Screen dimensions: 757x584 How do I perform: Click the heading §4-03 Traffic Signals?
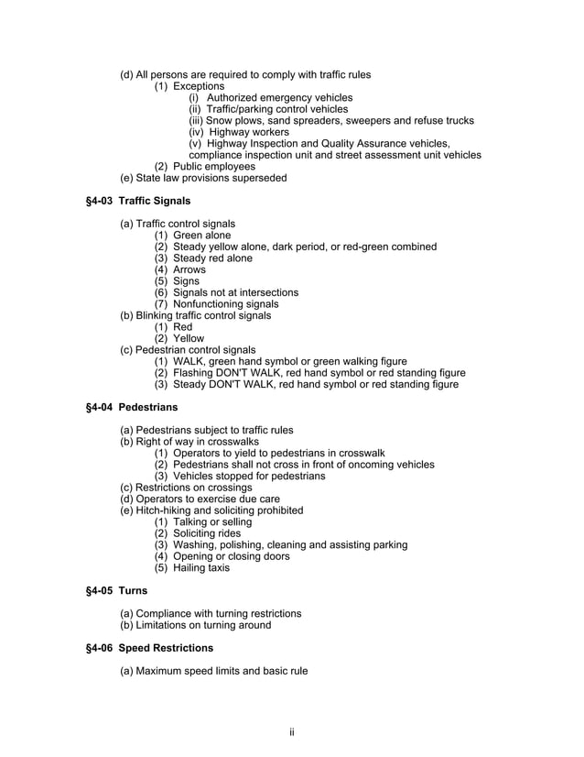(x=137, y=201)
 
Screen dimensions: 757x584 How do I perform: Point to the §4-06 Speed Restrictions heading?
(x=148, y=648)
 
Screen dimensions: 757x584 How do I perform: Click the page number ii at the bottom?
(x=291, y=730)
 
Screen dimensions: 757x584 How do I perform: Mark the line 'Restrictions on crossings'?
(x=186, y=488)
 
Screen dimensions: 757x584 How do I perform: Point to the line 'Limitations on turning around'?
(x=196, y=625)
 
